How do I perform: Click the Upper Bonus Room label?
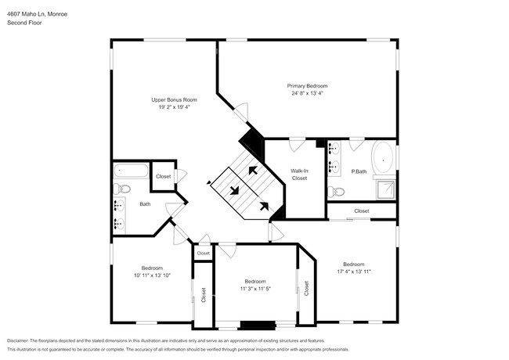pyautogui.click(x=174, y=100)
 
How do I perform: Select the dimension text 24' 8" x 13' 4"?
pyautogui.click(x=306, y=93)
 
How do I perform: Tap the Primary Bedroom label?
pyautogui.click(x=306, y=85)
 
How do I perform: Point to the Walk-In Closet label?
pyautogui.click(x=299, y=174)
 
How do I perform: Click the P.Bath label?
pyautogui.click(x=359, y=171)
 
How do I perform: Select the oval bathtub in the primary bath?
pyautogui.click(x=383, y=159)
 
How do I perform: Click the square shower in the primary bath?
pyautogui.click(x=385, y=189)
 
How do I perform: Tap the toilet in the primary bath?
pyautogui.click(x=337, y=191)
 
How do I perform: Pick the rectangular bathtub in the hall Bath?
pyautogui.click(x=131, y=171)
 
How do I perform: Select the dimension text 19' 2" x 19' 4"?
pyautogui.click(x=174, y=107)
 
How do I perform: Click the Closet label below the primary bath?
pyautogui.click(x=361, y=211)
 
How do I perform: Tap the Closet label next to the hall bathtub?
pyautogui.click(x=163, y=177)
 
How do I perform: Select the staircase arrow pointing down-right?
pyautogui.click(x=234, y=188)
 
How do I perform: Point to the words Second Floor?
pyautogui.click(x=25, y=23)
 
